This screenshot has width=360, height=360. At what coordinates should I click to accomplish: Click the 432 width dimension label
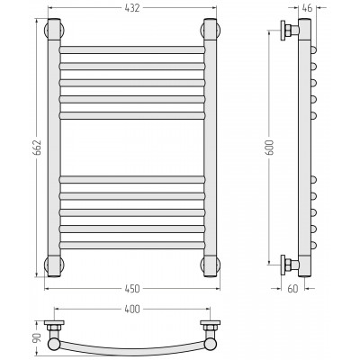(132, 8)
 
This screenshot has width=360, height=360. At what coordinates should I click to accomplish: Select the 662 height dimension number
(37, 148)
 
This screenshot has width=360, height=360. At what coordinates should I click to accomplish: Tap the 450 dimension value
(132, 289)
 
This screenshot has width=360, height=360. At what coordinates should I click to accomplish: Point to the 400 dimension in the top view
(132, 309)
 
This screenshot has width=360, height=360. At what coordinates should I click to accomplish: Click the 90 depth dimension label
(37, 338)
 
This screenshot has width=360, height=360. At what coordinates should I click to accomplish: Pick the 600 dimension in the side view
(269, 147)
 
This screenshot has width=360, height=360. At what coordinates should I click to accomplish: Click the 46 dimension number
(307, 8)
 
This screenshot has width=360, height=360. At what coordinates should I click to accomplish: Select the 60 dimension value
(292, 289)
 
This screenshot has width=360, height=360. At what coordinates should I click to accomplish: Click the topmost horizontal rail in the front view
(132, 49)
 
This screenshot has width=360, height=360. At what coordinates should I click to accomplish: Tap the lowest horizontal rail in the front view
(132, 245)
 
